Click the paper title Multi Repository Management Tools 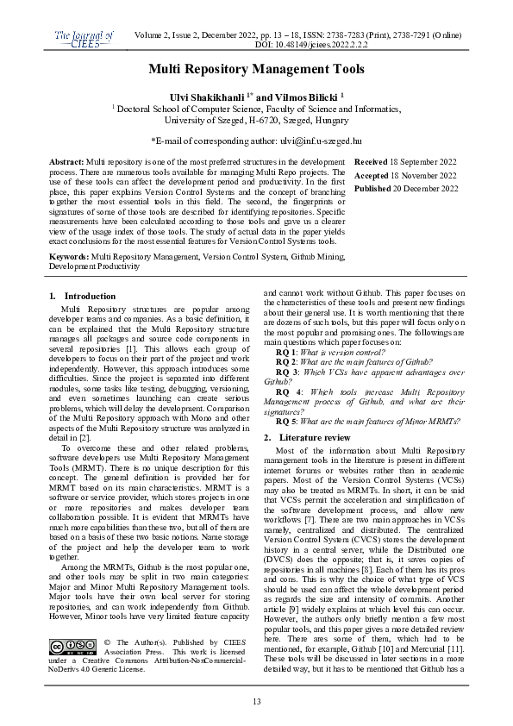pyautogui.click(x=256, y=68)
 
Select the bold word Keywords pyautogui.click(x=68, y=258)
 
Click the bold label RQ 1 pyautogui.click(x=285, y=354)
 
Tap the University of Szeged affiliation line pyautogui.click(x=256, y=122)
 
